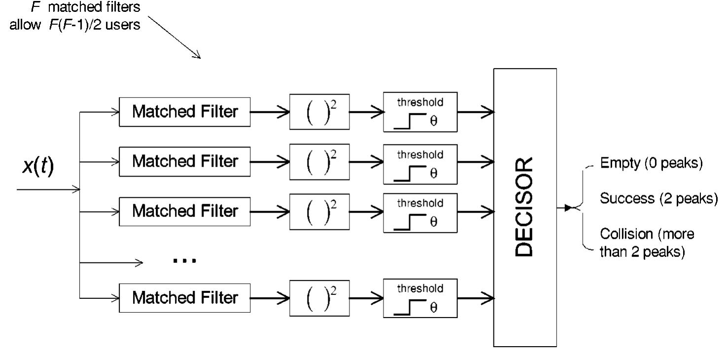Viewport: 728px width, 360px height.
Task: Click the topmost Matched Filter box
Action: [x=184, y=112]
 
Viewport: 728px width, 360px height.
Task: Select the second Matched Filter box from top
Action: [x=184, y=161]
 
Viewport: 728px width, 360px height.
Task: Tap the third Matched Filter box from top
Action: [x=184, y=212]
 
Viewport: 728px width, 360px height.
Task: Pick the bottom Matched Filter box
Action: [x=184, y=298]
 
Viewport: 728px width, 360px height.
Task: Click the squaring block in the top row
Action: [x=319, y=112]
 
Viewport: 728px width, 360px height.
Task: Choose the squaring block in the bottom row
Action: [x=319, y=298]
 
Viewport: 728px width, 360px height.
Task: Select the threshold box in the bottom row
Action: [x=419, y=298]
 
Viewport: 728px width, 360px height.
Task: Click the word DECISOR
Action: [x=525, y=207]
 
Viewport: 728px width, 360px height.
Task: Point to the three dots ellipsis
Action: [x=184, y=260]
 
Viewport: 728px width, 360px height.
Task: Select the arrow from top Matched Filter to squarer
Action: [x=270, y=112]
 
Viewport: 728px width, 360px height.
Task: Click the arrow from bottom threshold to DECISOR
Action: [x=476, y=298]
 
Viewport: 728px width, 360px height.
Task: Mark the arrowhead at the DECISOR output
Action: [x=569, y=208]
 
